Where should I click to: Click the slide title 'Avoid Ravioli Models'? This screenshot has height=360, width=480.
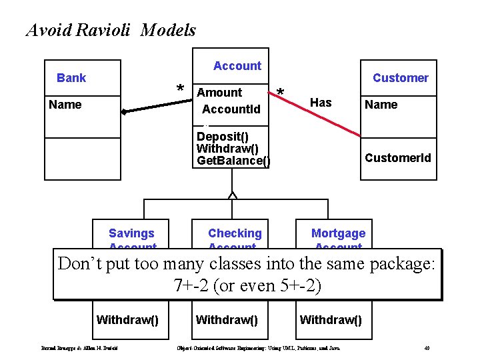pyautogui.click(x=111, y=30)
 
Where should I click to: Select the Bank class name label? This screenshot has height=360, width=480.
pyautogui.click(x=71, y=78)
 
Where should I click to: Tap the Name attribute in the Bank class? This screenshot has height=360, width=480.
pyautogui.click(x=65, y=105)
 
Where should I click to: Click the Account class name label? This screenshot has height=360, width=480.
pyautogui.click(x=237, y=66)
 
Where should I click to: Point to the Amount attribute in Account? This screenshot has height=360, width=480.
pyautogui.click(x=220, y=93)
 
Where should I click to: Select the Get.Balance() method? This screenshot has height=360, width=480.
pyautogui.click(x=233, y=161)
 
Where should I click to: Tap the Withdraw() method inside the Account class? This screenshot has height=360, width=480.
pyautogui.click(x=227, y=148)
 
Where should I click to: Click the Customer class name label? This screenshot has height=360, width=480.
pyautogui.click(x=400, y=78)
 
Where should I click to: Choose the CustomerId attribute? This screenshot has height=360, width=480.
pyautogui.click(x=397, y=158)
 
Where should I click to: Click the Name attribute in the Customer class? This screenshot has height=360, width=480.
pyautogui.click(x=381, y=105)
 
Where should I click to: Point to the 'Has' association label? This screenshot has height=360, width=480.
pyautogui.click(x=321, y=102)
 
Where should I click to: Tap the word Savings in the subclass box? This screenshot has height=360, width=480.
pyautogui.click(x=131, y=233)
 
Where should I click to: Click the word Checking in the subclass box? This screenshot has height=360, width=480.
pyautogui.click(x=235, y=233)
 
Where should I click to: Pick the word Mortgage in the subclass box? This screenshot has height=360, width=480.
pyautogui.click(x=338, y=233)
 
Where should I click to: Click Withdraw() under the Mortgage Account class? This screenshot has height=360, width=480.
pyautogui.click(x=331, y=320)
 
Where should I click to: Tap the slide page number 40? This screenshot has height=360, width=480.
pyautogui.click(x=427, y=348)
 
